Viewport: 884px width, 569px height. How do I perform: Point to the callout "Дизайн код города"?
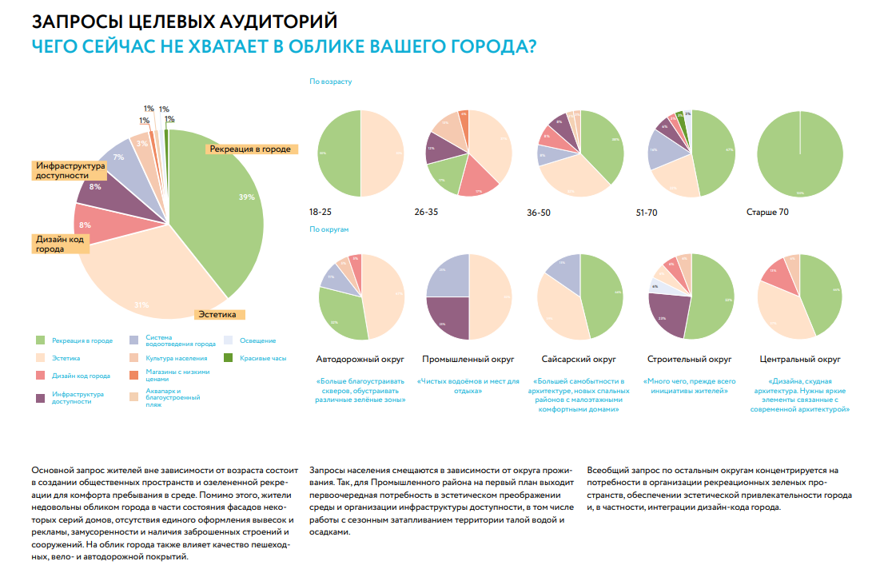(x=60, y=243)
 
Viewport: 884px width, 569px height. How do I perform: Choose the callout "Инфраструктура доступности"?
(x=70, y=170)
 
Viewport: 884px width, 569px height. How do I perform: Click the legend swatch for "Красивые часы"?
(x=228, y=357)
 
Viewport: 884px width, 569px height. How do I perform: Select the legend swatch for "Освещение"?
(x=228, y=340)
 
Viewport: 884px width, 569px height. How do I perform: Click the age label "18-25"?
(x=321, y=213)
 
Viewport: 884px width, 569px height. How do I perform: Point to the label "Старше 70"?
(x=767, y=213)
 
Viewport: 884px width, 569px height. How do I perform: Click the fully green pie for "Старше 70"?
(x=799, y=154)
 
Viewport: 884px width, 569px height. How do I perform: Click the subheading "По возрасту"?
(x=330, y=82)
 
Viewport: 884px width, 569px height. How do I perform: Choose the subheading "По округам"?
(x=329, y=229)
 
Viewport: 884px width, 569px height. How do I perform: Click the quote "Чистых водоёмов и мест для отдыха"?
(x=468, y=386)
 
